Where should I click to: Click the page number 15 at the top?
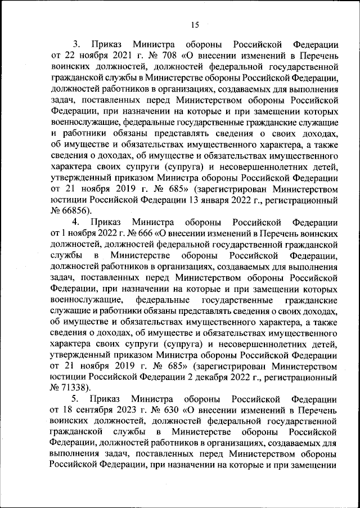[x=195, y=24]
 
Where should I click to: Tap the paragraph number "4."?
[x=78, y=221]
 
